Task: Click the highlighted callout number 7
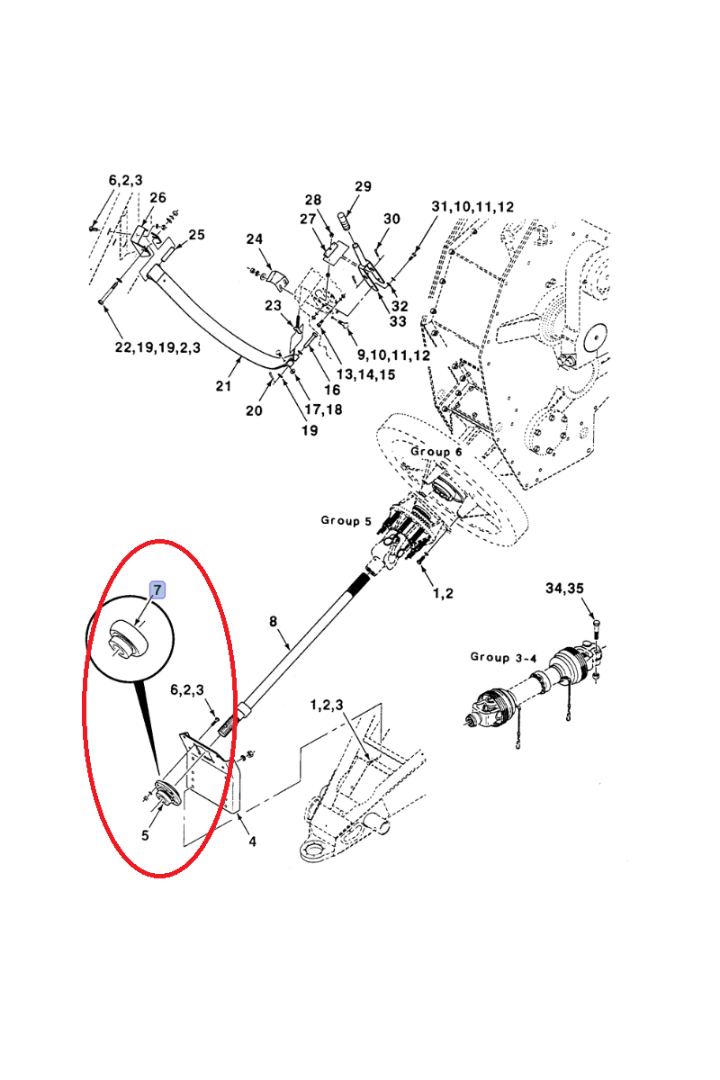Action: pyautogui.click(x=157, y=590)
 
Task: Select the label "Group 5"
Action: pyautogui.click(x=346, y=520)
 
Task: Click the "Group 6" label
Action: pyautogui.click(x=436, y=451)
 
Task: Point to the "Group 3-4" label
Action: pyautogui.click(x=503, y=656)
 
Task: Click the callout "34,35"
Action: pyautogui.click(x=564, y=589)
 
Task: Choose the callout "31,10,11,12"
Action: pyautogui.click(x=472, y=207)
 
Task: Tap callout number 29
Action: pyautogui.click(x=363, y=186)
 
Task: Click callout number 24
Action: pyautogui.click(x=255, y=239)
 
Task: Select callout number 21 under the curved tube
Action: pyautogui.click(x=223, y=386)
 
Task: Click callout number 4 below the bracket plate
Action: pyautogui.click(x=252, y=842)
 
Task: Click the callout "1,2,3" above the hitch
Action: pyautogui.click(x=327, y=705)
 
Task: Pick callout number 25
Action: pyautogui.click(x=196, y=235)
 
